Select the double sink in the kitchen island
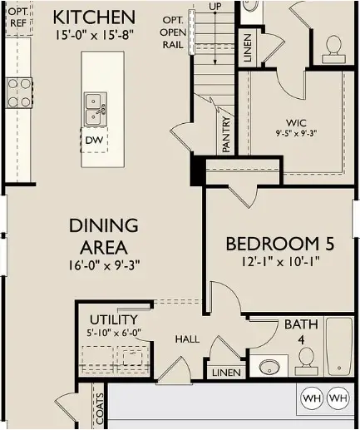pos(96,106)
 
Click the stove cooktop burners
pos(18,91)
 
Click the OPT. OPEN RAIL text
pos(172,32)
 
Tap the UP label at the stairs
pos(216,6)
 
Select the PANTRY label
pos(226,134)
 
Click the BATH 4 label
pos(301,331)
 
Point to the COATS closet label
pos(99,410)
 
